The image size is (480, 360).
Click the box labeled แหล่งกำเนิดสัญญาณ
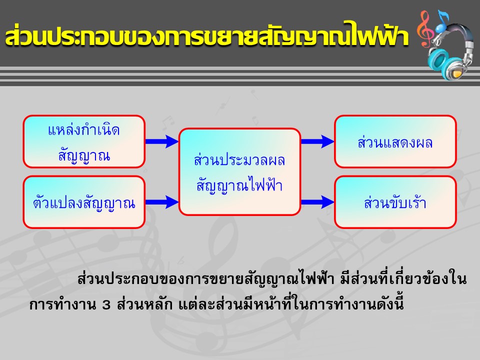point(84,141)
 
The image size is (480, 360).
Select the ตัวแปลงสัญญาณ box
point(84,202)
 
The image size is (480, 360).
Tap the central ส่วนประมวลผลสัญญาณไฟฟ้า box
point(239,171)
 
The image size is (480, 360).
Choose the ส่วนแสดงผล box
point(395,141)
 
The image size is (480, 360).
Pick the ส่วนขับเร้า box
point(395,202)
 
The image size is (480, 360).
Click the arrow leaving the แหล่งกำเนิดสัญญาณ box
point(162,141)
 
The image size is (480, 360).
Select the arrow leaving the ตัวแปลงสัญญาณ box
point(162,202)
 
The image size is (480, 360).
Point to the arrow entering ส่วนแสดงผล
point(317,141)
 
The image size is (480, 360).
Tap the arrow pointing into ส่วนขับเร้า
point(317,202)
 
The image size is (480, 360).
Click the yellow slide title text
point(207,36)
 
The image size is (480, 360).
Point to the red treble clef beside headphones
point(426,29)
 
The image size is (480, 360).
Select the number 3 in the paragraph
point(106,305)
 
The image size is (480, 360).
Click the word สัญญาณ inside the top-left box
point(84,155)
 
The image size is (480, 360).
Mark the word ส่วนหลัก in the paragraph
point(144,304)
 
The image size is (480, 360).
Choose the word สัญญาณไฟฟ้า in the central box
point(239,184)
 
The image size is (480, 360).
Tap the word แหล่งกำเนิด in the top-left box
point(84,130)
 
